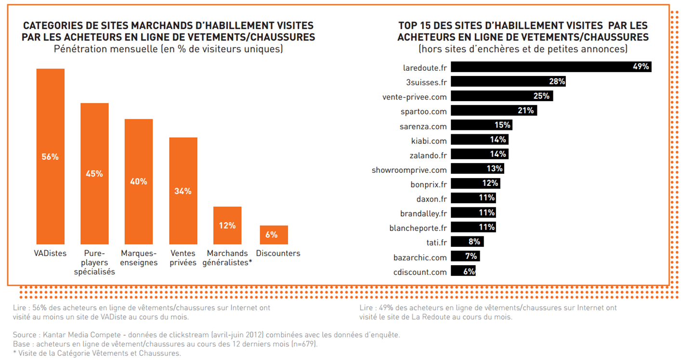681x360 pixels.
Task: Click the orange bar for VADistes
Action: pyautogui.click(x=51, y=156)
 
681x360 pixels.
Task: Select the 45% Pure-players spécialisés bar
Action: pyautogui.click(x=94, y=173)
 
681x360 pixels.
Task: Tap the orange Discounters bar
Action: pyautogui.click(x=274, y=235)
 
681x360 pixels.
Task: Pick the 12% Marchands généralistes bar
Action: pyautogui.click(x=227, y=225)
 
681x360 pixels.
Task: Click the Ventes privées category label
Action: pyautogui.click(x=183, y=257)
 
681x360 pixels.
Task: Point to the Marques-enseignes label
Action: pyautogui.click(x=139, y=257)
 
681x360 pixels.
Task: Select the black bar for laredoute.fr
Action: pyautogui.click(x=551, y=67)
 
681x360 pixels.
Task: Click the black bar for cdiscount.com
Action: pyautogui.click(x=463, y=270)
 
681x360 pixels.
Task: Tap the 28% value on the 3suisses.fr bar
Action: pyautogui.click(x=557, y=81)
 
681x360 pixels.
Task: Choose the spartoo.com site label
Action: pyautogui.click(x=423, y=112)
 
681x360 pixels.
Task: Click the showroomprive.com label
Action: pyautogui.click(x=409, y=170)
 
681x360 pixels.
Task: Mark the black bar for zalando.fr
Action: pyautogui.click(x=480, y=154)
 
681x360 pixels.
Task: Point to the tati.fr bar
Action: pyautogui.click(x=467, y=242)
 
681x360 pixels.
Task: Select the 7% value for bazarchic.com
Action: pyautogui.click(x=471, y=256)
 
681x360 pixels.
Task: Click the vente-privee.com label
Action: pyautogui.click(x=414, y=97)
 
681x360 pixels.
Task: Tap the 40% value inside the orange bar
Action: pyautogui.click(x=139, y=181)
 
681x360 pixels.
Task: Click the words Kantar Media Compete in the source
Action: pyautogui.click(x=82, y=335)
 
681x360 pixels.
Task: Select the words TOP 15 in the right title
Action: pyautogui.click(x=414, y=26)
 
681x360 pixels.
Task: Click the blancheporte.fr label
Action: pyautogui.click(x=418, y=228)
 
